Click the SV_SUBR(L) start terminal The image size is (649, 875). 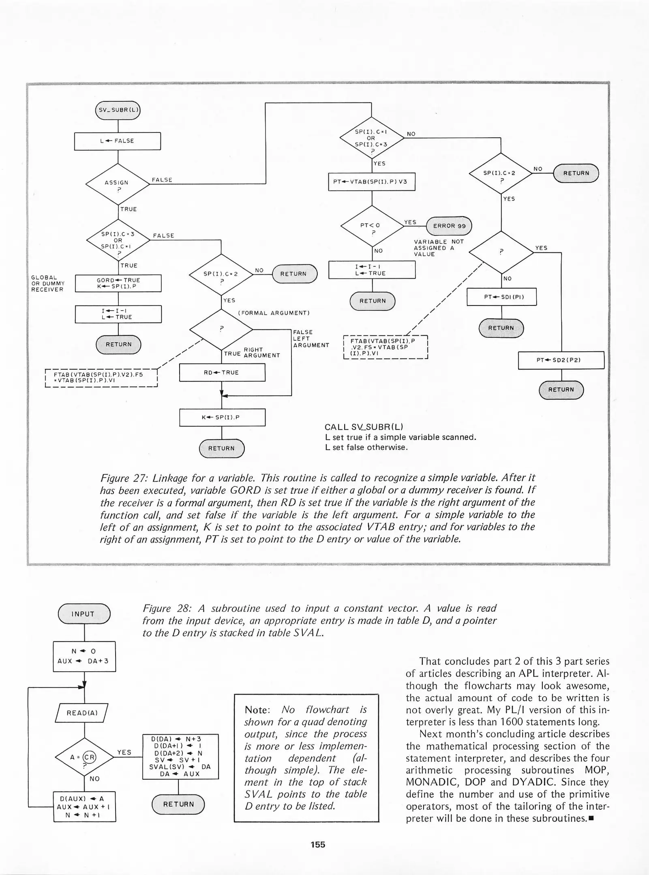118,110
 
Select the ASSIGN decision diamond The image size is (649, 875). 118,184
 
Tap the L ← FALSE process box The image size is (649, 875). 117,141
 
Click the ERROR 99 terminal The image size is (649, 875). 449,226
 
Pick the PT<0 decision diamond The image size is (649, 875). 372,226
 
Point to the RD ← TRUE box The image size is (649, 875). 222,372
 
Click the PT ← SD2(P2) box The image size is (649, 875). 561,360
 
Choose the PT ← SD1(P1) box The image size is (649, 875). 501,297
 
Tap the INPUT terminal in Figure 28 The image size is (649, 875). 84,614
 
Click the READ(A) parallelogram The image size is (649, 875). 82,713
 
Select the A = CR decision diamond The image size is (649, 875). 84,757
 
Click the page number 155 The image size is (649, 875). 318,845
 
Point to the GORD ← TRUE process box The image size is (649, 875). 118,283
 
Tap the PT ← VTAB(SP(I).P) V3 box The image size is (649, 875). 371,182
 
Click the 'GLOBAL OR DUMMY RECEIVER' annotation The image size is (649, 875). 47,284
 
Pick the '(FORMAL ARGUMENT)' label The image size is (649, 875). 274,313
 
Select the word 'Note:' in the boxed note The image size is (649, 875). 257,710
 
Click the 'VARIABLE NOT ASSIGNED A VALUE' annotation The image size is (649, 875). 438,248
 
